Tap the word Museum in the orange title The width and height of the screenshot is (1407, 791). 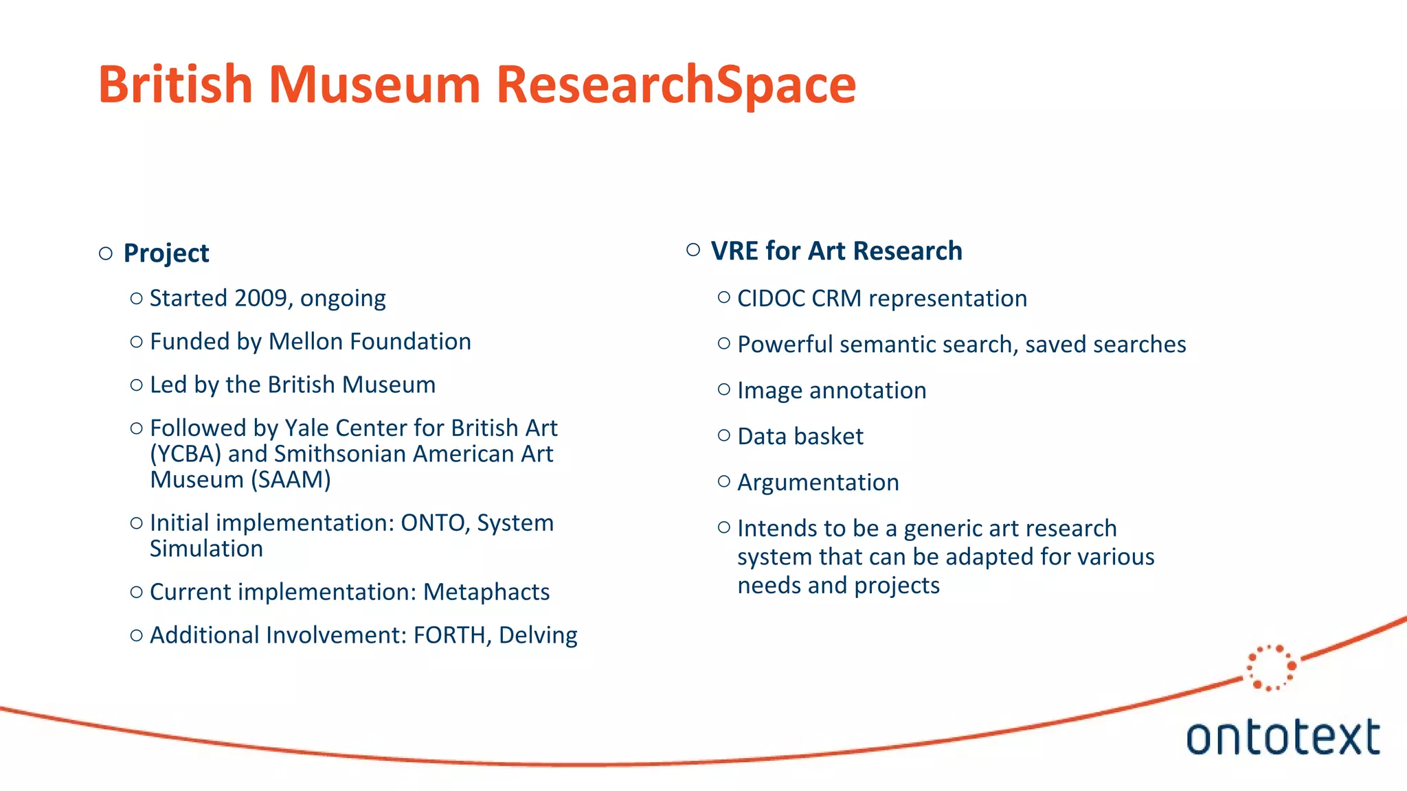pos(374,84)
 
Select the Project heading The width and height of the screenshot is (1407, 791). pos(166,253)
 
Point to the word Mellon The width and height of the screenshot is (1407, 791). pos(305,341)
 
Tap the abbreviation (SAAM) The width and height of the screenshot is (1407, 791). pos(291,479)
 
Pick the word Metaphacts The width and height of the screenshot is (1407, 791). pos(486,592)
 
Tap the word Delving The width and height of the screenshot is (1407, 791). pos(538,635)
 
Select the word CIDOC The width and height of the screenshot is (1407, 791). pos(770,299)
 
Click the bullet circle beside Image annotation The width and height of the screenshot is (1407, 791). pos(723,389)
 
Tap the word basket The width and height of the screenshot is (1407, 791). pos(831,437)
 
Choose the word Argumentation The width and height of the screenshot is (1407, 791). pos(818,483)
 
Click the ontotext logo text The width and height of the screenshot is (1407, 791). pos(1283,737)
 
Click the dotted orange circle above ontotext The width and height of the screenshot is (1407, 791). pos(1271,667)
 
